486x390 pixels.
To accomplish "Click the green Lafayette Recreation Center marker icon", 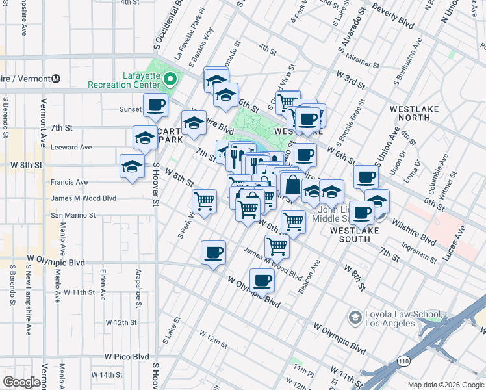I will coord(170,79).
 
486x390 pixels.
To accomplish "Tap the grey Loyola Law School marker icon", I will coord(355,317).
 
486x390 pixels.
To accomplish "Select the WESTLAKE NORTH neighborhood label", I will coord(411,112).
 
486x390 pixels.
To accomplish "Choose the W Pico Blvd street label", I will coord(127,357).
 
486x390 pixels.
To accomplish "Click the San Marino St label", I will coord(73,214).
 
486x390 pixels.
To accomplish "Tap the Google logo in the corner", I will coord(21,382).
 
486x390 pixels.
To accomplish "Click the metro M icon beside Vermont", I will coord(55,79).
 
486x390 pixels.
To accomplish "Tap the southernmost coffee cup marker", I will coord(262,280).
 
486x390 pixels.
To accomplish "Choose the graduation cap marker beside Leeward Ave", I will coord(145,137).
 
